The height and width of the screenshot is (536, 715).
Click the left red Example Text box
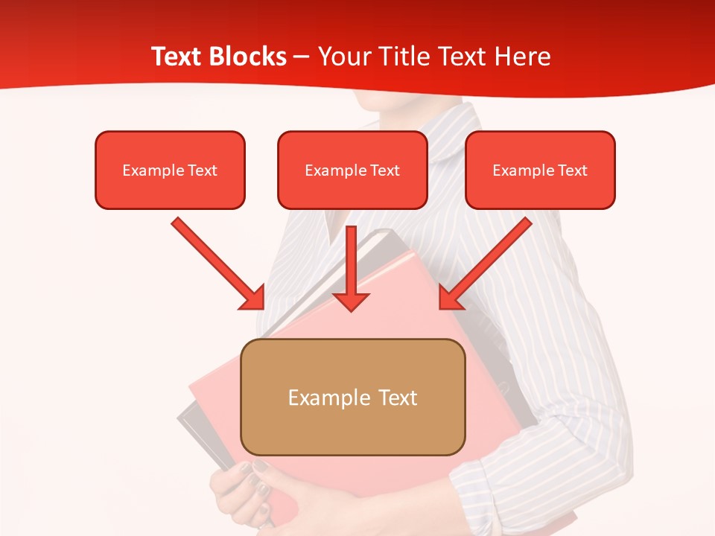click(170, 170)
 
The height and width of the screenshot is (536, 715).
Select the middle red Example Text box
click(352, 170)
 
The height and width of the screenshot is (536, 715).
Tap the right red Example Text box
click(540, 170)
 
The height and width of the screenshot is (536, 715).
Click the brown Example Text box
click(353, 397)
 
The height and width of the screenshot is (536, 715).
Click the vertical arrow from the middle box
click(352, 264)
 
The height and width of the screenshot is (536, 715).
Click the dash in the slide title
click(302, 57)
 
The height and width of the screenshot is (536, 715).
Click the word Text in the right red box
click(572, 170)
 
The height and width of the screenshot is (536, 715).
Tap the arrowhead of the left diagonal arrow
click(254, 299)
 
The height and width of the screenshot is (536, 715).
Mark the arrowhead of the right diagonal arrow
click(449, 299)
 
